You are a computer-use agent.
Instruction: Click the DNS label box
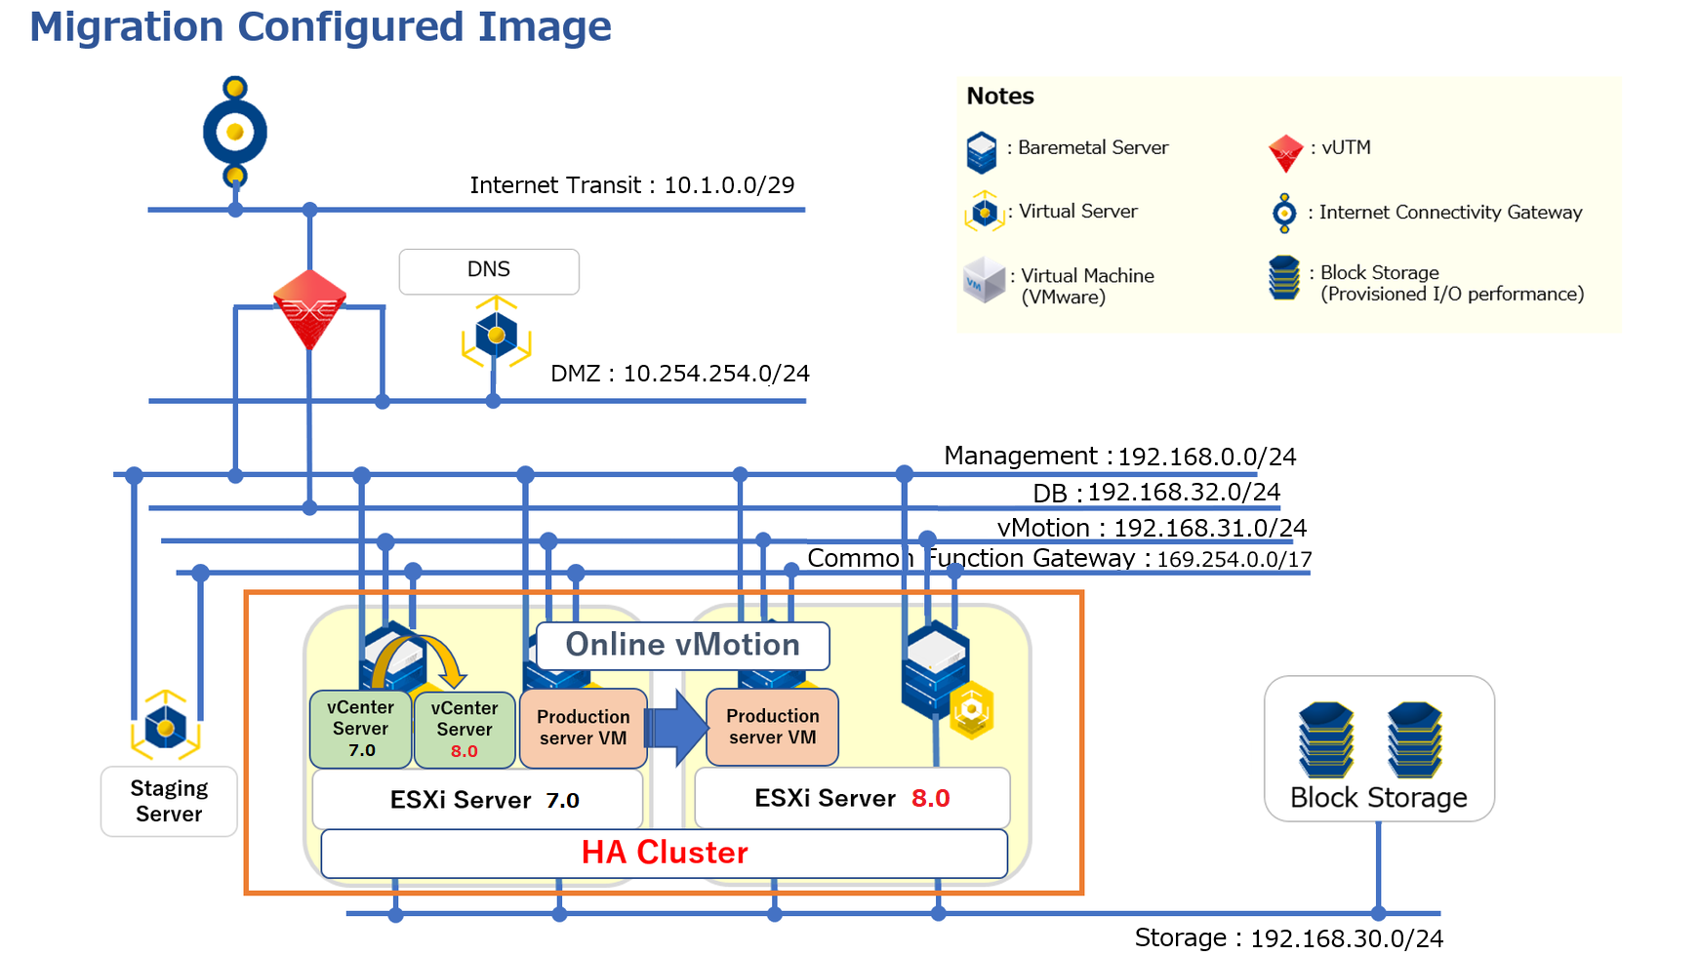[x=489, y=271]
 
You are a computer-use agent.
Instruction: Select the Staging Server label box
[x=169, y=801]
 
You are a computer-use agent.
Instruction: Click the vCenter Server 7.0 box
[x=361, y=729]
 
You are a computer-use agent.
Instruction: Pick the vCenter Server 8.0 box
[x=465, y=729]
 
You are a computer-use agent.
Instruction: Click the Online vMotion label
[x=683, y=645]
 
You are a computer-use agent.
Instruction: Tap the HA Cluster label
[x=665, y=853]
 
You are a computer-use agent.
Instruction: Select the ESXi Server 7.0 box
[x=477, y=800]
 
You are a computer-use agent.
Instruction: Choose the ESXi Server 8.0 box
[x=852, y=798]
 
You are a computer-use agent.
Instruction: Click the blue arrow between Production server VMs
[x=676, y=727]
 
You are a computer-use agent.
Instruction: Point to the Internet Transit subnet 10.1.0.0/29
[x=632, y=185]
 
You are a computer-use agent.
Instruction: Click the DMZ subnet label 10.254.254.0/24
[x=680, y=374]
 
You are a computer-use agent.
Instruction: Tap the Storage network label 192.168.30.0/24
[x=1289, y=938]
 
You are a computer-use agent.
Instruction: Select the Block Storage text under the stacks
[x=1379, y=798]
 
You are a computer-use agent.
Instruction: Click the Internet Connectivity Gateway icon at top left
[x=235, y=132]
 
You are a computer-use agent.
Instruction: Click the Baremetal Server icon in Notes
[x=982, y=152]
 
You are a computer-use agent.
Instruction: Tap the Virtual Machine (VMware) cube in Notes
[x=984, y=280]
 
